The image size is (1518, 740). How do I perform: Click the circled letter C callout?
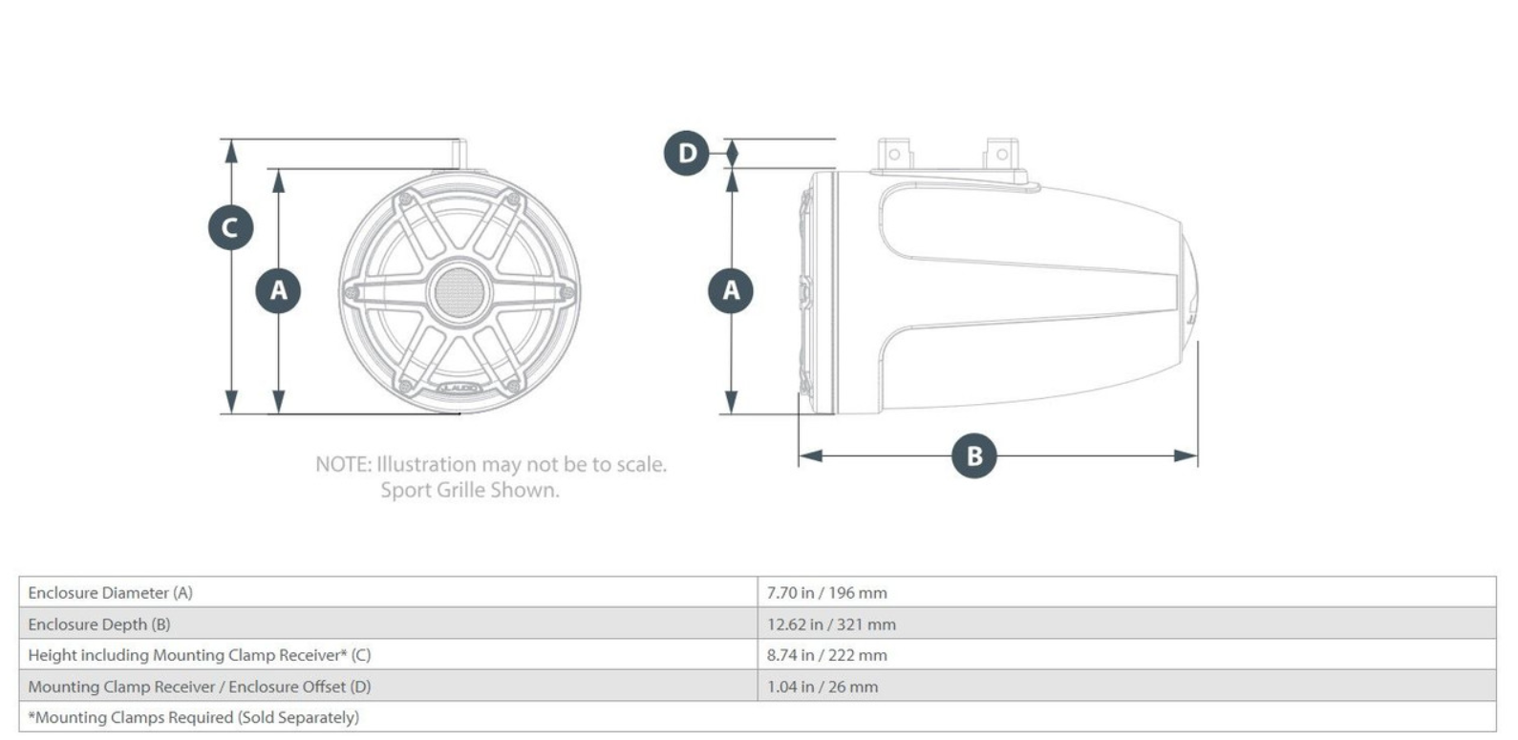click(x=230, y=227)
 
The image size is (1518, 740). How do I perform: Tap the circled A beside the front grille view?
click(x=278, y=290)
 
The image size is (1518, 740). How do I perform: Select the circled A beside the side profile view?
click(x=731, y=290)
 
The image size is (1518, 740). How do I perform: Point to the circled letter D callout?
click(x=687, y=153)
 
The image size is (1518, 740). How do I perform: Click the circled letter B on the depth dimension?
click(x=973, y=455)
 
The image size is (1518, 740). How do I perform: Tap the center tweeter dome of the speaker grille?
click(x=459, y=291)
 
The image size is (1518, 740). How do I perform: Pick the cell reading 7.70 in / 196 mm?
click(x=826, y=593)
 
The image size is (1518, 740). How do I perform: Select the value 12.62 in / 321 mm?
click(x=831, y=624)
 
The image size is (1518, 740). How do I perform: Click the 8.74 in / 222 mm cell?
click(x=826, y=655)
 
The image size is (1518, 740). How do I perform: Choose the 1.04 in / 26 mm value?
click(x=822, y=687)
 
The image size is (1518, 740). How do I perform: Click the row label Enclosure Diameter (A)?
click(x=110, y=593)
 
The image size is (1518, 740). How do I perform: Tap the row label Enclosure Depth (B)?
click(x=99, y=624)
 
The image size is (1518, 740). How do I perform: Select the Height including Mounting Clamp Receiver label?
click(x=199, y=655)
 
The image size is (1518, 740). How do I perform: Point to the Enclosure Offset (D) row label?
click(x=199, y=687)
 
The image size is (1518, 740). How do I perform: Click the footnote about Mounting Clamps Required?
click(x=193, y=717)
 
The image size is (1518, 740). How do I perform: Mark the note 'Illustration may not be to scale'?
click(x=491, y=464)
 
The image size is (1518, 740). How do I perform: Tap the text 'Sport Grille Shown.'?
click(x=470, y=490)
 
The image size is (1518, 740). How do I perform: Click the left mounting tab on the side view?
click(x=894, y=155)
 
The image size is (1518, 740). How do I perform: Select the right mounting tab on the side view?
click(x=1001, y=155)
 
